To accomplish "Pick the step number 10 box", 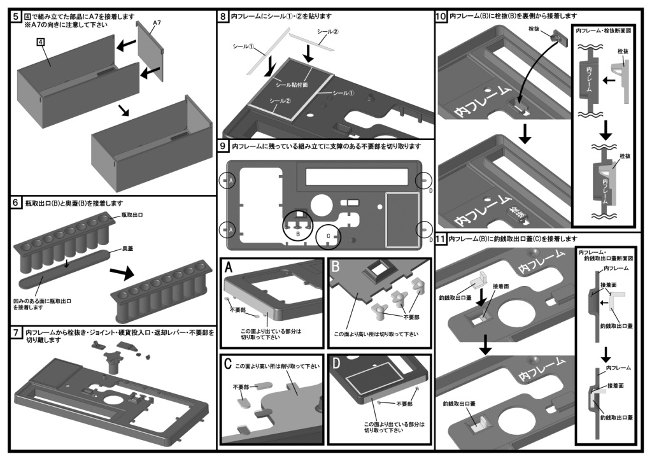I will tap(441, 15).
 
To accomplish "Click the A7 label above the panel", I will tap(157, 23).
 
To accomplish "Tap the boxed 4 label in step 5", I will tap(40, 41).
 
